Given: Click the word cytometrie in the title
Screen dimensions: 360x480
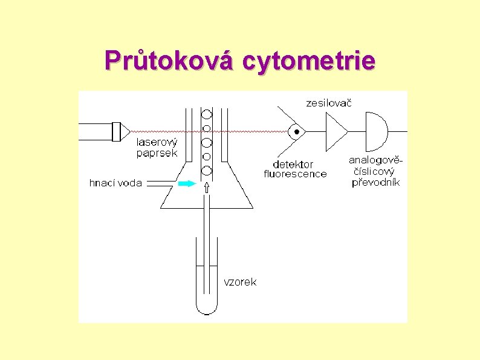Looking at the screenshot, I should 308,61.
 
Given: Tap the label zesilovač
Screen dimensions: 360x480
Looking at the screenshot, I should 328,103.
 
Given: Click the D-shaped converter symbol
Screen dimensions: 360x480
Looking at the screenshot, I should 375,131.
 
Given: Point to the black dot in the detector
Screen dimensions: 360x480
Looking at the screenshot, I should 296,131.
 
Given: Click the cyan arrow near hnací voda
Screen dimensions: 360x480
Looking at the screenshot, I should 188,183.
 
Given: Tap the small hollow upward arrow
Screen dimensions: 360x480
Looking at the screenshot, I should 207,187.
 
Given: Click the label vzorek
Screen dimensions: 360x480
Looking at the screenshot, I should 240,282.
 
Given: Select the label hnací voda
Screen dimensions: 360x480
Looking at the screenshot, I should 115,183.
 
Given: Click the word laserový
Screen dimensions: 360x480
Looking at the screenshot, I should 157,143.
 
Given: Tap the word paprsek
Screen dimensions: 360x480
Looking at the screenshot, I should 157,153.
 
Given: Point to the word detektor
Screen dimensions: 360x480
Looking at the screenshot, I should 293,164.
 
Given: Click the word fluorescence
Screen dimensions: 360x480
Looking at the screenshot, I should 295,174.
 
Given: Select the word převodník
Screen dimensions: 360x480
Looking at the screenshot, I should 375,182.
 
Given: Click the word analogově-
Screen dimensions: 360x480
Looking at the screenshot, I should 375,160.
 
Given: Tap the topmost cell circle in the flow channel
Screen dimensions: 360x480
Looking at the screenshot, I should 207,114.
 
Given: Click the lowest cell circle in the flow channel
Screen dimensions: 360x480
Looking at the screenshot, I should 207,171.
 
